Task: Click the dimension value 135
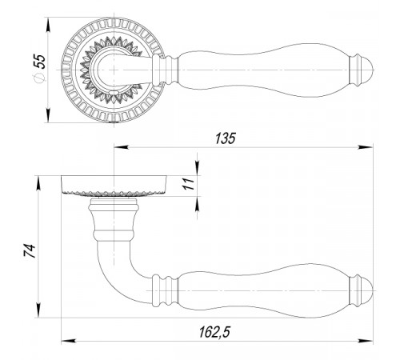click(226, 138)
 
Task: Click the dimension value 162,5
click(214, 333)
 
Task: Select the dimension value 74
click(30, 250)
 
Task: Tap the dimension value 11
click(189, 184)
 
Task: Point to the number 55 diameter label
click(40, 62)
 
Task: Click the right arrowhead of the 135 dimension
click(366, 147)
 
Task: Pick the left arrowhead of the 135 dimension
click(122, 147)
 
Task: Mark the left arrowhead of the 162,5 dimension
click(69, 341)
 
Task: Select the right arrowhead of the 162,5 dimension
click(366, 341)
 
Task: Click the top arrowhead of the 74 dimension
click(38, 183)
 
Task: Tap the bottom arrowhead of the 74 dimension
click(38, 310)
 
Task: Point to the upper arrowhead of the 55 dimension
click(48, 25)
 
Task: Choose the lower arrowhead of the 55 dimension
click(48, 115)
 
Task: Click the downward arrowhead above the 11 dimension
click(197, 168)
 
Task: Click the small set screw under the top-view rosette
click(114, 122)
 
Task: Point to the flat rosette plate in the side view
click(114, 186)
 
